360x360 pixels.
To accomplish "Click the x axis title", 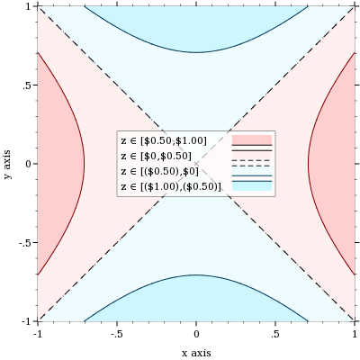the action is pos(196,353).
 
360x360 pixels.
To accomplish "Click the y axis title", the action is pos(7,164).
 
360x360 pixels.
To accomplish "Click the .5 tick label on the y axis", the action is pos(28,85).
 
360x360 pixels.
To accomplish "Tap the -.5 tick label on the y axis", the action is pos(26,242).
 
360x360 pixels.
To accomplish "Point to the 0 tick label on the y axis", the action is pos(30,164).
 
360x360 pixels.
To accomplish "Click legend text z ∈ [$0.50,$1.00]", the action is pos(164,140).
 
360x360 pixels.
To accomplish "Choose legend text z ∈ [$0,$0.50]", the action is pos(156,156).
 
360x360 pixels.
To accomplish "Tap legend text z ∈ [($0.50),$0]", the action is pos(159,171).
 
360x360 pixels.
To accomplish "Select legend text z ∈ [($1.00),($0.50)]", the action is pos(171,186).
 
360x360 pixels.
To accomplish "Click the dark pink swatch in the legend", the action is pos(252,139).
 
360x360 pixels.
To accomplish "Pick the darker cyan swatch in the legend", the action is pos(252,186).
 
